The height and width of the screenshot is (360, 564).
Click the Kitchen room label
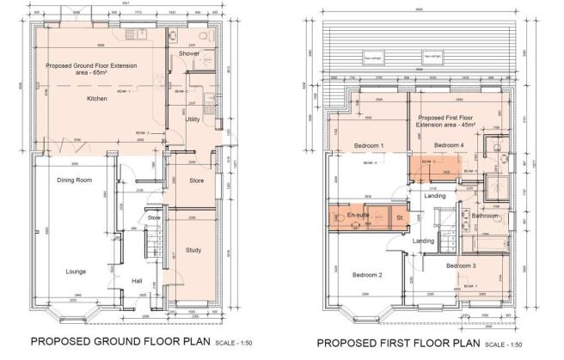[x=96, y=99]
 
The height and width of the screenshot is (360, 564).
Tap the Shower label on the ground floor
[x=189, y=54]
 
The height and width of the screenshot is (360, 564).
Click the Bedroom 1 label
[x=370, y=146]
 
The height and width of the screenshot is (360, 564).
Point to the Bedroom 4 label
[x=449, y=146]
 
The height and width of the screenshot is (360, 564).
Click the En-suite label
[x=358, y=216]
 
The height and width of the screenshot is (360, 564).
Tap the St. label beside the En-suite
[x=401, y=218]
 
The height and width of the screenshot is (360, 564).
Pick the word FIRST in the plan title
[x=400, y=344]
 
